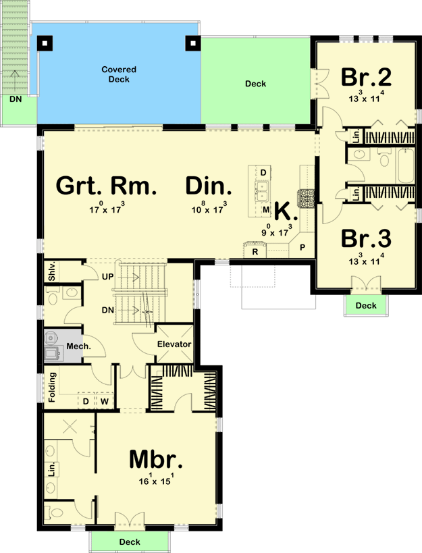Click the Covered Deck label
119,74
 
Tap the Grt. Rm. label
106,186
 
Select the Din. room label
209,186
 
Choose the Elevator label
174,344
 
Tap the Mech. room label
78,347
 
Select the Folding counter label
52,390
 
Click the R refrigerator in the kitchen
255,251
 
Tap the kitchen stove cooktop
307,198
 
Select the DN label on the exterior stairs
15,99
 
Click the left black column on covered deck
45,43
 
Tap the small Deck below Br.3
366,306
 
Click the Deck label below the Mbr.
130,542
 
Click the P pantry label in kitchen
302,248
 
